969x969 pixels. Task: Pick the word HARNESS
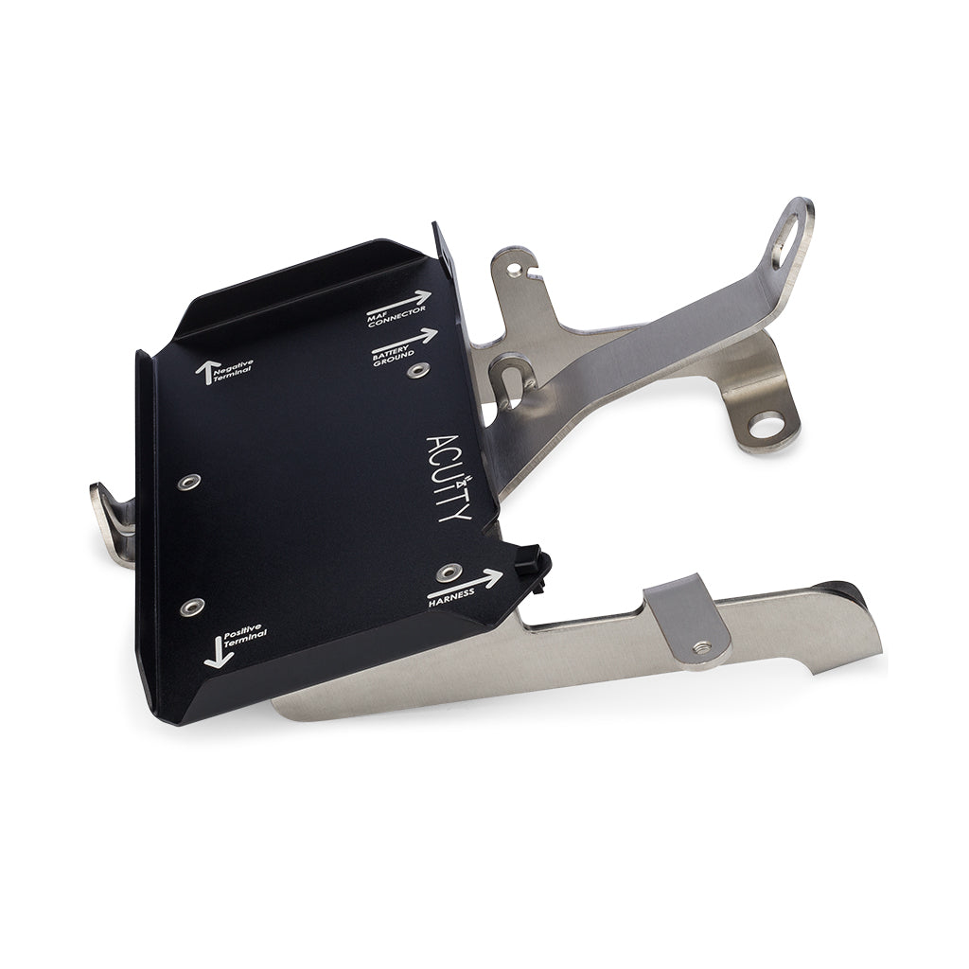tap(452, 597)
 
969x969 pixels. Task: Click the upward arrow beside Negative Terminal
tap(203, 373)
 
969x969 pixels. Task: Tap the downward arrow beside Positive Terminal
tap(217, 652)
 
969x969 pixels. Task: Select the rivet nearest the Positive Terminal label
tap(192, 606)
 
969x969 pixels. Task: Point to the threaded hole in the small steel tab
tap(701, 647)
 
